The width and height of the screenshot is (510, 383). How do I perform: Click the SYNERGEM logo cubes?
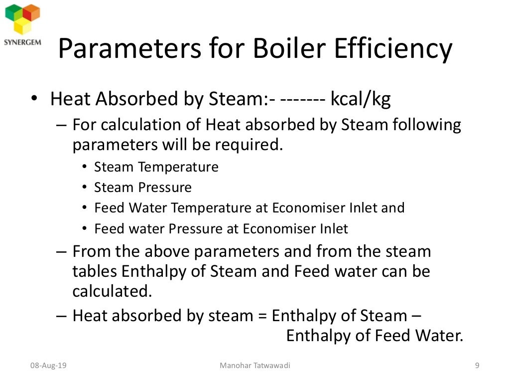(22, 18)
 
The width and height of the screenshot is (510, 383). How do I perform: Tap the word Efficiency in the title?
(393, 49)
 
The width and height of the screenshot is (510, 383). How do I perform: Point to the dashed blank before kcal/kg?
(303, 99)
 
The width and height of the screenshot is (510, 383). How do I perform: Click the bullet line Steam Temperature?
(156, 167)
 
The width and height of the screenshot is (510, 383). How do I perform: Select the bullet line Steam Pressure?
(142, 188)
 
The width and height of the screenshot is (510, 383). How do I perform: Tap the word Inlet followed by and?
(362, 208)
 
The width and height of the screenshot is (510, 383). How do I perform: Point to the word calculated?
(112, 291)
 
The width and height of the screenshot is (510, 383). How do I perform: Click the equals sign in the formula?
(262, 316)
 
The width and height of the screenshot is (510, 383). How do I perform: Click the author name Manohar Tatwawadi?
(255, 366)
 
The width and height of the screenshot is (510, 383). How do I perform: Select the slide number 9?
(477, 366)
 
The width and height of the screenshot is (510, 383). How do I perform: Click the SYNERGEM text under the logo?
(22, 42)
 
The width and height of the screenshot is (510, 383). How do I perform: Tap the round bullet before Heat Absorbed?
(33, 99)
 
